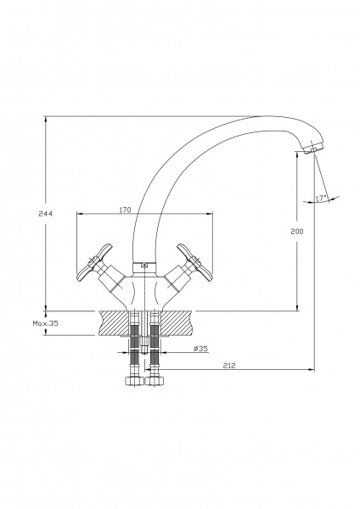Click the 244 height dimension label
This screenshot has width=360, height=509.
45,214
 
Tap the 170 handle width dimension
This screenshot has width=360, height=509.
125,210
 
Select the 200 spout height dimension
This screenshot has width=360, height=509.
296,231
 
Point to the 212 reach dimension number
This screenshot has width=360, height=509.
229,365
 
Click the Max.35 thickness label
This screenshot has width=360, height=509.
46,323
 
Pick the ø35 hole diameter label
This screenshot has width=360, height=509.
200,349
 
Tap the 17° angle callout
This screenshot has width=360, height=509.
321,198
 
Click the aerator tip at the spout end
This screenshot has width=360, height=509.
312,148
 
